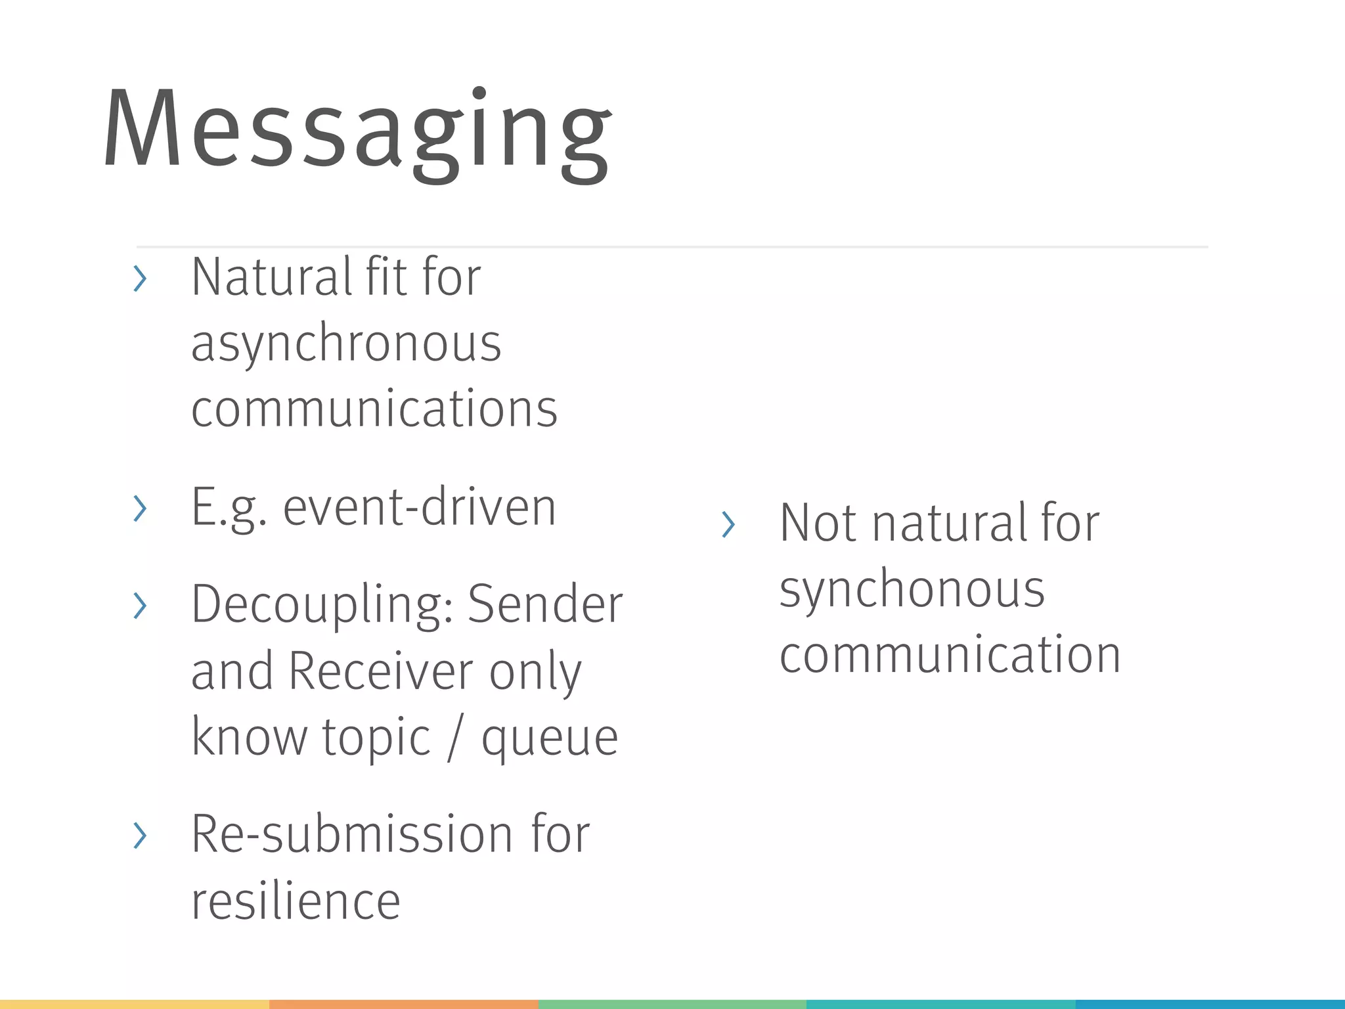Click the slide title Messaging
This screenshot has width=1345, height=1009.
(358, 131)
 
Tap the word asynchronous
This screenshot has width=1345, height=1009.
(346, 344)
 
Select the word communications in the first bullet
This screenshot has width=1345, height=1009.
(374, 409)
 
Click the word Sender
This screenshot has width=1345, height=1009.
(545, 604)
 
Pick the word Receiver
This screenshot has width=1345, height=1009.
(381, 671)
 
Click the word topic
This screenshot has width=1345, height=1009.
(376, 738)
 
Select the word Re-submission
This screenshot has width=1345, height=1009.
(351, 834)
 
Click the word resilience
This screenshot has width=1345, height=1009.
(296, 901)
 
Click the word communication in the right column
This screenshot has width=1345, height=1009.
(950, 655)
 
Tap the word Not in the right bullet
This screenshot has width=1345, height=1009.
(818, 523)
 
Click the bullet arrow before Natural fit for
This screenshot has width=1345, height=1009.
(139, 279)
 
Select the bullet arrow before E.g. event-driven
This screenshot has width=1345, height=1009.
(139, 508)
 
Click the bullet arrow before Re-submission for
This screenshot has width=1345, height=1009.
(139, 836)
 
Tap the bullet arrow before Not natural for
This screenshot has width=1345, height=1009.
(728, 524)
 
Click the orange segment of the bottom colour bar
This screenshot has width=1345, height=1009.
(403, 1004)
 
